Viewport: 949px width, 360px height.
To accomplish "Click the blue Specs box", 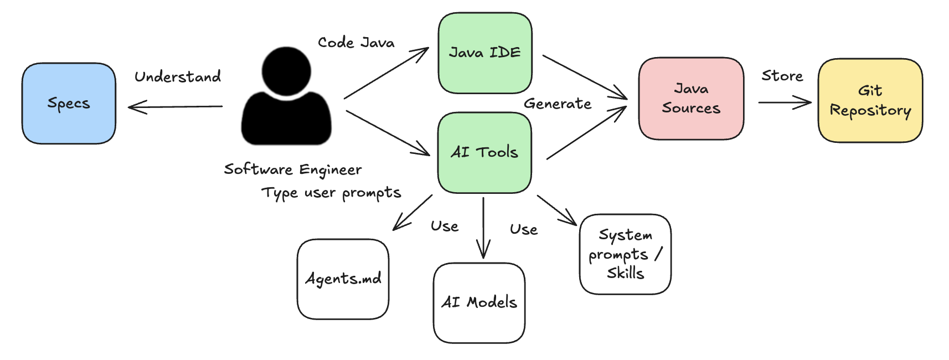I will coord(69,104).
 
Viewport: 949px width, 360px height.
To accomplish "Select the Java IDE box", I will coord(485,53).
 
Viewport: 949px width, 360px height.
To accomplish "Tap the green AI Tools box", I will coord(484,152).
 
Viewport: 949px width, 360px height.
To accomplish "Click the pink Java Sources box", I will coord(691,99).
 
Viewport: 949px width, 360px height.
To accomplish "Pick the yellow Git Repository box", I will coord(870,101).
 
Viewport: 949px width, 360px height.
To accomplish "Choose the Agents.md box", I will coord(343,279).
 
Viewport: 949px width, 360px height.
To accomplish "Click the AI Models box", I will coord(479,302).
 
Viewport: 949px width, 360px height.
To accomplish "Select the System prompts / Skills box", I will coord(625,254).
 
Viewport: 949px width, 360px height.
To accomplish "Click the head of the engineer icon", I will coord(286,70).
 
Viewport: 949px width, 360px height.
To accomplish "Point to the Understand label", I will coord(178,76).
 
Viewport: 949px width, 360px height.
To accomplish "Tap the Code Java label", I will coord(356,43).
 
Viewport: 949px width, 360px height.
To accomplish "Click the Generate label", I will coord(558,104).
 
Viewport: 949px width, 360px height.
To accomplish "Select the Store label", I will coord(782,76).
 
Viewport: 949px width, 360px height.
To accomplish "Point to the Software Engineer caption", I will coord(293,169).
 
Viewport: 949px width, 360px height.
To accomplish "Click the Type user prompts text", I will coord(331,193).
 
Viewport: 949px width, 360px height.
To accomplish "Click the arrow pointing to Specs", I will coord(175,106).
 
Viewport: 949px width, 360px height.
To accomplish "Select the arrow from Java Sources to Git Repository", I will coord(784,102).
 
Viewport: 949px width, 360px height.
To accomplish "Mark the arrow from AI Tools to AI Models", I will coord(483,227).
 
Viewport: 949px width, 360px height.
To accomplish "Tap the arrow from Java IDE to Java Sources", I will coord(584,77).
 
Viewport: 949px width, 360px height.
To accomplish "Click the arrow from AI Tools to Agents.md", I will coord(413,212).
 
